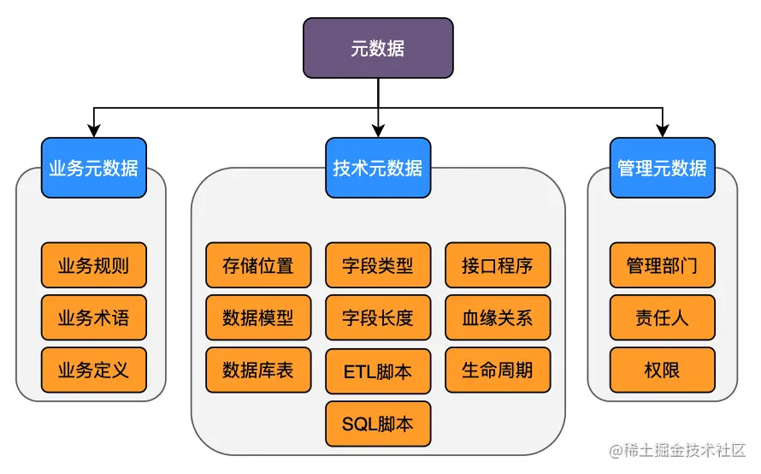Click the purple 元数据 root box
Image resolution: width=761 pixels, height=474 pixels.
tap(378, 48)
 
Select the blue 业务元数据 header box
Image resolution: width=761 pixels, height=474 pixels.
tap(94, 168)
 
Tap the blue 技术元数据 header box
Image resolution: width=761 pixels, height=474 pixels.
tap(378, 168)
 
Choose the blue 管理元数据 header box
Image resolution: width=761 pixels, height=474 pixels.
tap(662, 168)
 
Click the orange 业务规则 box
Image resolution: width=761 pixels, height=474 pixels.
tap(94, 265)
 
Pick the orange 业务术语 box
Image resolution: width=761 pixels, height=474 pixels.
tap(94, 317)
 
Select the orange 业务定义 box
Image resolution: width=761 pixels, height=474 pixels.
tap(94, 370)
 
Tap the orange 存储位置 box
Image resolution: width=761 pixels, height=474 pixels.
tap(258, 265)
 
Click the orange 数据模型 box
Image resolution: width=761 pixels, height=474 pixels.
tap(258, 317)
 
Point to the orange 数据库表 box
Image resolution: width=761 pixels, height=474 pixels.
tap(258, 370)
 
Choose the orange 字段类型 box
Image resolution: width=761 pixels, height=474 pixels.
tap(378, 265)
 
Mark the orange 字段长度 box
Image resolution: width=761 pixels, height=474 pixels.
tap(378, 317)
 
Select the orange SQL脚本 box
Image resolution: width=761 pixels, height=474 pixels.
tap(378, 424)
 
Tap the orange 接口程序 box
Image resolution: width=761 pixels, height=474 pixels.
tap(498, 265)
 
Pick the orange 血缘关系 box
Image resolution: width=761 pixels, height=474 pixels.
tap(498, 317)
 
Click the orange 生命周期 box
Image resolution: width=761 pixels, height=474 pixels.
tap(498, 370)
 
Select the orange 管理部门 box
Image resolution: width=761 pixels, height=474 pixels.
tap(662, 265)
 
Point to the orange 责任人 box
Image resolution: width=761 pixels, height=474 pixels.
tap(662, 317)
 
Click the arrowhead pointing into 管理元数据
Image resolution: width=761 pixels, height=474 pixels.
tap(662, 131)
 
